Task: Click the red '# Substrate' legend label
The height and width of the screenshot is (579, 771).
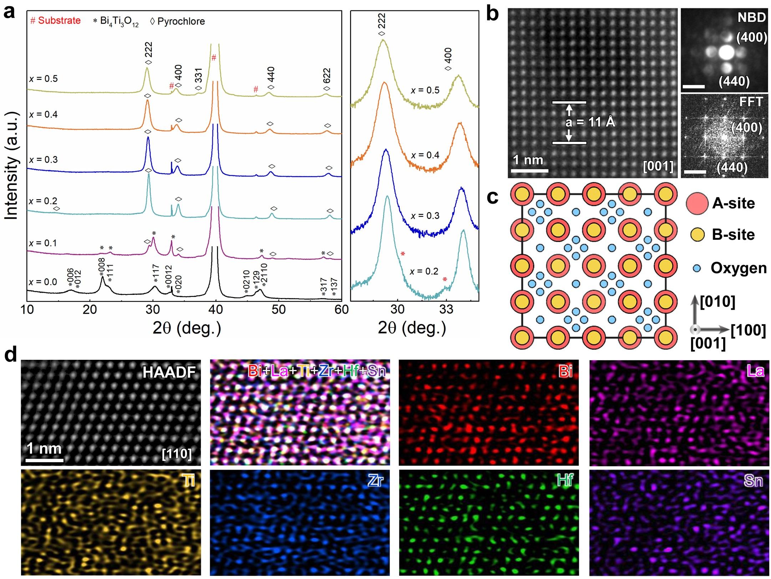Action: point(55,21)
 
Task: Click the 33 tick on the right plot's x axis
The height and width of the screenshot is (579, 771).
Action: point(446,309)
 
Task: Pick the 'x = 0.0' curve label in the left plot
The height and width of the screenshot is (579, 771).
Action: point(43,282)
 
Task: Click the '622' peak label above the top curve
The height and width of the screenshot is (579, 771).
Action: point(327,76)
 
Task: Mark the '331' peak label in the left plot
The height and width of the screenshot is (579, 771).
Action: point(199,76)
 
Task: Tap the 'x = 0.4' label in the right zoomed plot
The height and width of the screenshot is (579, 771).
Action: point(425,155)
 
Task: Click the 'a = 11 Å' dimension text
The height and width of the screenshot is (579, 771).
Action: point(590,122)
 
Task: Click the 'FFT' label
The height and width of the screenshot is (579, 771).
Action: point(751,102)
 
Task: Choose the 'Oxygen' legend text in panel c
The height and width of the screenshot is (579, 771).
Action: point(739,268)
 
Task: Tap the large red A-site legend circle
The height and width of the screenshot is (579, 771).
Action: point(697,203)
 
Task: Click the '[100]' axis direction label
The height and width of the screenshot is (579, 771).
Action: point(748,330)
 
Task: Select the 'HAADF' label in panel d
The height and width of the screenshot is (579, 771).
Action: point(169,372)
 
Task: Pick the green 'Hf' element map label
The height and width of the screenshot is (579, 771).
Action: point(565,481)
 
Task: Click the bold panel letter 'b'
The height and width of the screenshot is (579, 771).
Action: point(492,15)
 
